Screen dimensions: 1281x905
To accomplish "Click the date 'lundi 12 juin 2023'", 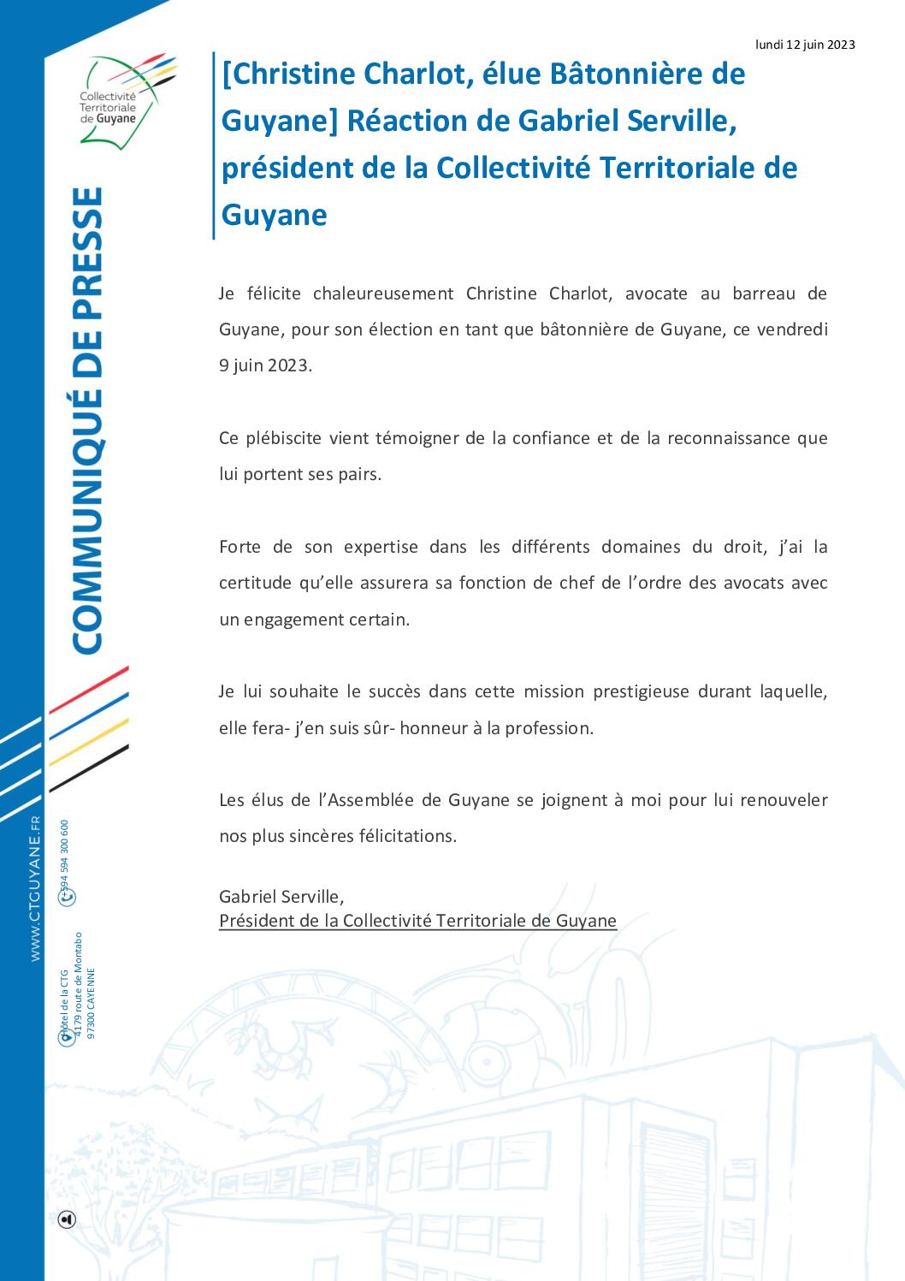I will coord(805,44).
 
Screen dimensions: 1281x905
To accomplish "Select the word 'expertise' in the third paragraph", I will coord(381,547).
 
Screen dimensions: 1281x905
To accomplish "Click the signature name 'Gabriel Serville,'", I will coord(281,897).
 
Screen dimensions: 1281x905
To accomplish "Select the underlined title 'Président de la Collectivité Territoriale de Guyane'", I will coord(417,921).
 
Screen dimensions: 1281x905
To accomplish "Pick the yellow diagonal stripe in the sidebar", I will coord(89,741).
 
